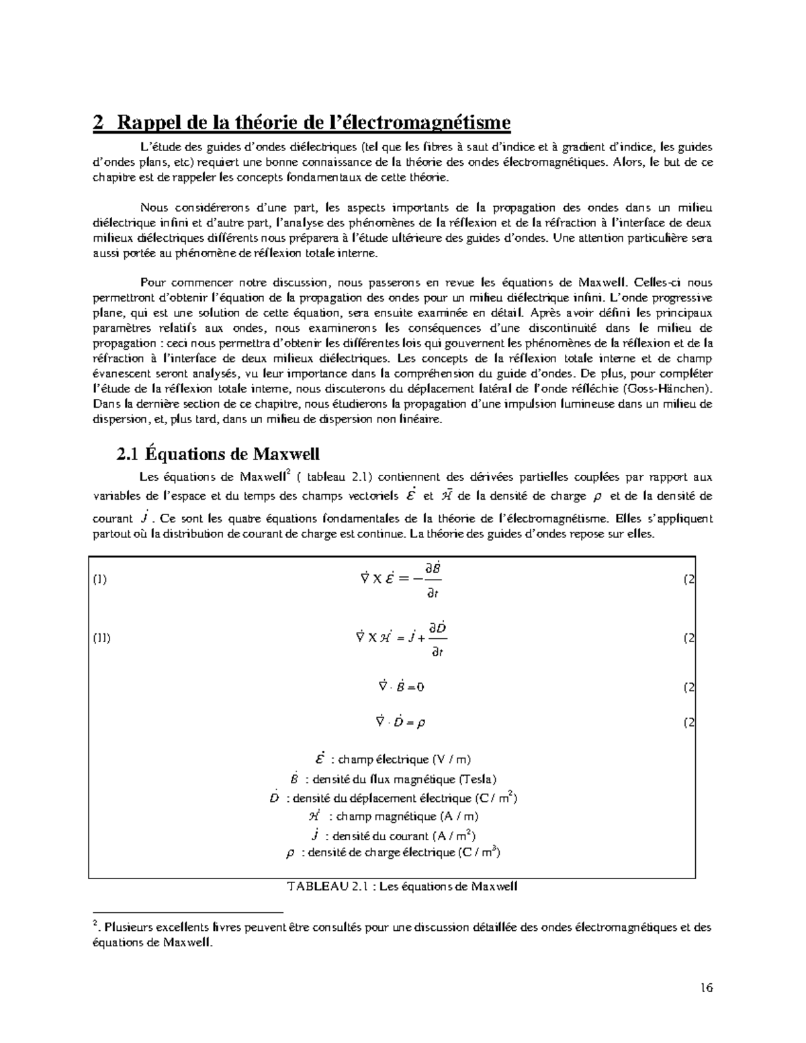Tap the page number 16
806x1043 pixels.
coord(705,987)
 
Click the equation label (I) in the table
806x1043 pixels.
coord(99,580)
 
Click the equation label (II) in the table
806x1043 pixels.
coord(101,638)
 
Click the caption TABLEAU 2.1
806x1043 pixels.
coord(402,886)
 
